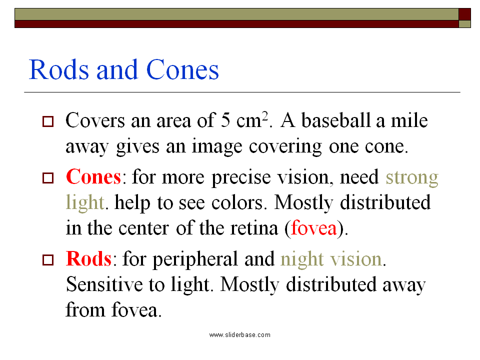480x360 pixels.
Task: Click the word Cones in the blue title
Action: coord(182,70)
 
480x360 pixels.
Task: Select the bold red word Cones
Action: coord(93,177)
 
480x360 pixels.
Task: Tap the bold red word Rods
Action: coord(88,259)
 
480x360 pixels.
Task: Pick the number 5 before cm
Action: coord(225,120)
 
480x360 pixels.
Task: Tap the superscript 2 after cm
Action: coord(266,116)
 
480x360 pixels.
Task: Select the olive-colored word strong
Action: coord(412,177)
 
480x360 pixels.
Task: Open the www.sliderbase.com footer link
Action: coord(239,334)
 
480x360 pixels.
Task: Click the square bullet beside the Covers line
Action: coord(47,121)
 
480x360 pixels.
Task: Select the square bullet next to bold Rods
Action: coord(47,260)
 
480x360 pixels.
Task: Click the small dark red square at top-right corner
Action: coord(465,14)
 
